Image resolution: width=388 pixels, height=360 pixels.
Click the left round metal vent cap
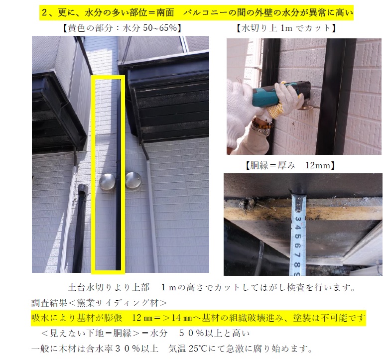click(108, 182)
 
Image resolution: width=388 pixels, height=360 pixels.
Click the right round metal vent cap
click(133, 180)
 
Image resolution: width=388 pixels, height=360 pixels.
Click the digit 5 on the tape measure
click(298, 236)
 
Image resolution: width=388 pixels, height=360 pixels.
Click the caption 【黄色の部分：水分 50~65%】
click(122, 28)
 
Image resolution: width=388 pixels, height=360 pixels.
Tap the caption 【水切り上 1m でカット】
click(286, 28)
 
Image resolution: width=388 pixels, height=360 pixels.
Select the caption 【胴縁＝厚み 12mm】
click(290, 165)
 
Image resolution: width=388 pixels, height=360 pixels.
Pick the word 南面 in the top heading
click(165, 12)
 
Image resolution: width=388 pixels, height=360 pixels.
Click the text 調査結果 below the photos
click(49, 303)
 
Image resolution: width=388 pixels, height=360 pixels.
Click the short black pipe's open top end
click(83, 187)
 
